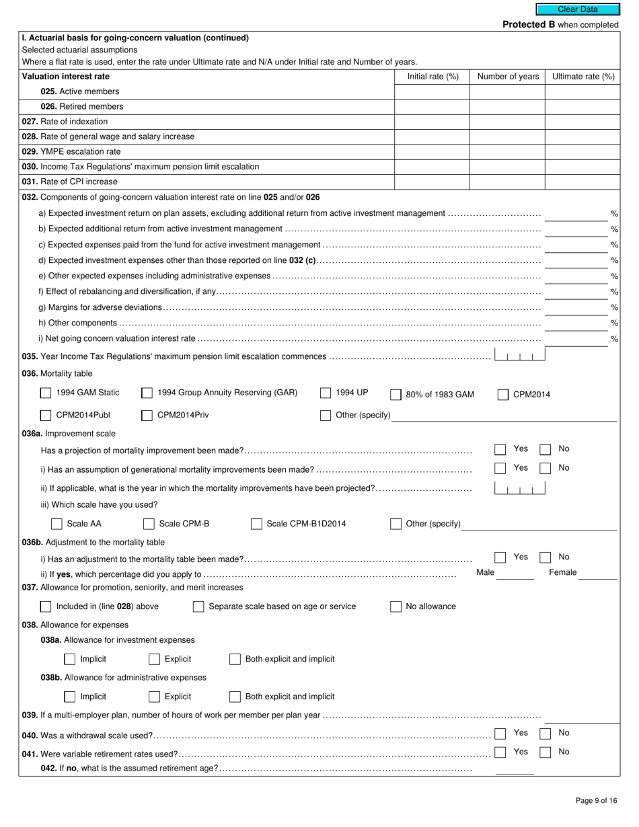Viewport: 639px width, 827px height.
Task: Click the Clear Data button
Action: (578, 9)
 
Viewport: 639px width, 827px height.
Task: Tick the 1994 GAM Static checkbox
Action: (46, 393)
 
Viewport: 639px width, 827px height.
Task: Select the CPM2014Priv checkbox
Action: (147, 416)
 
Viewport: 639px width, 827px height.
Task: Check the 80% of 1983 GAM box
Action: (396, 395)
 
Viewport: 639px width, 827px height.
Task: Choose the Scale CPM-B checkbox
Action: (149, 524)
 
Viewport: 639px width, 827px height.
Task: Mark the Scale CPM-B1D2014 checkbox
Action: (256, 524)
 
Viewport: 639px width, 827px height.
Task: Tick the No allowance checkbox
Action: (396, 607)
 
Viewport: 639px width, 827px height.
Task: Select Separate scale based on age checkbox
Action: (198, 607)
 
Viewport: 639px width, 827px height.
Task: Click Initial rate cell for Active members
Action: (431, 91)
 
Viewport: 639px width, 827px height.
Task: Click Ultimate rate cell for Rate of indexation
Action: (582, 122)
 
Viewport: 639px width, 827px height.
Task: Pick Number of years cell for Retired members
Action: (507, 106)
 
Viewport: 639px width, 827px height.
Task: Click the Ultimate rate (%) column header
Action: (582, 77)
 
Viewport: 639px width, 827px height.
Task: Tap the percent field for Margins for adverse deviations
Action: (575, 307)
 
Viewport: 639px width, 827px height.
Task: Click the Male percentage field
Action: (515, 573)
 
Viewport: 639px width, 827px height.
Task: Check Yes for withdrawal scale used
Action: (500, 734)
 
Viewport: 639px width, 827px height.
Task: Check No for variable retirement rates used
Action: (546, 752)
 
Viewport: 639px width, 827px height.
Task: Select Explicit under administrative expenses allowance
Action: (154, 697)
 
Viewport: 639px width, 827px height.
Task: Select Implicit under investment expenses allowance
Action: (70, 659)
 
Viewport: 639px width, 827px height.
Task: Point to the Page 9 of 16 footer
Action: (596, 800)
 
